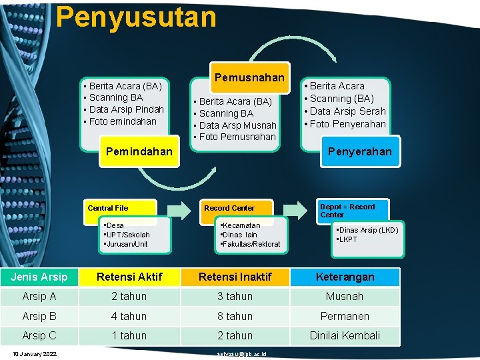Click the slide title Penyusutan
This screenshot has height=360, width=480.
pos(136,17)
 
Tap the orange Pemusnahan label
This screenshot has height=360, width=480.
pos(249,77)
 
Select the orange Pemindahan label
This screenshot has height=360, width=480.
pos(139,151)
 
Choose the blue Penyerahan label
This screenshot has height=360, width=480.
pos(359,151)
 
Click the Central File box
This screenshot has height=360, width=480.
pos(121,209)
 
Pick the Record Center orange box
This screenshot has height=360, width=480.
pos(229,209)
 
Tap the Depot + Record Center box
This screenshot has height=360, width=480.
pos(352,211)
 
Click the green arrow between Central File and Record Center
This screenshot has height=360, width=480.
pos(178,209)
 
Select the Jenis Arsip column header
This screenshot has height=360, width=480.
pos(39,277)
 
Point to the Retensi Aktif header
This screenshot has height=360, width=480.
pos(129,277)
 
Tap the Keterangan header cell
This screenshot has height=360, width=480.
pos(345,277)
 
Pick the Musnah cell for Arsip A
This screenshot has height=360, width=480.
pos(345,296)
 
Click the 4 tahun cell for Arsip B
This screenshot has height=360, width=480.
pos(129,316)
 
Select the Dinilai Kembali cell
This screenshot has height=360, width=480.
pos(345,335)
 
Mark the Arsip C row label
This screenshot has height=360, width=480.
pos(39,335)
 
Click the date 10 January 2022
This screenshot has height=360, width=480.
pos(34,353)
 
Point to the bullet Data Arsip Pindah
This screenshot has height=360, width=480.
pos(126,109)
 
